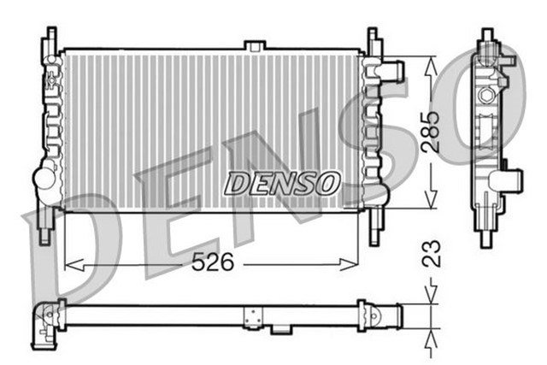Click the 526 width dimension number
(x=213, y=263)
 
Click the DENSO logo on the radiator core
(x=282, y=182)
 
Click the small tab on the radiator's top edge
(x=254, y=44)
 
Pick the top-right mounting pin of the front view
(x=373, y=38)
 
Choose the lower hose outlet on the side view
(x=512, y=180)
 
